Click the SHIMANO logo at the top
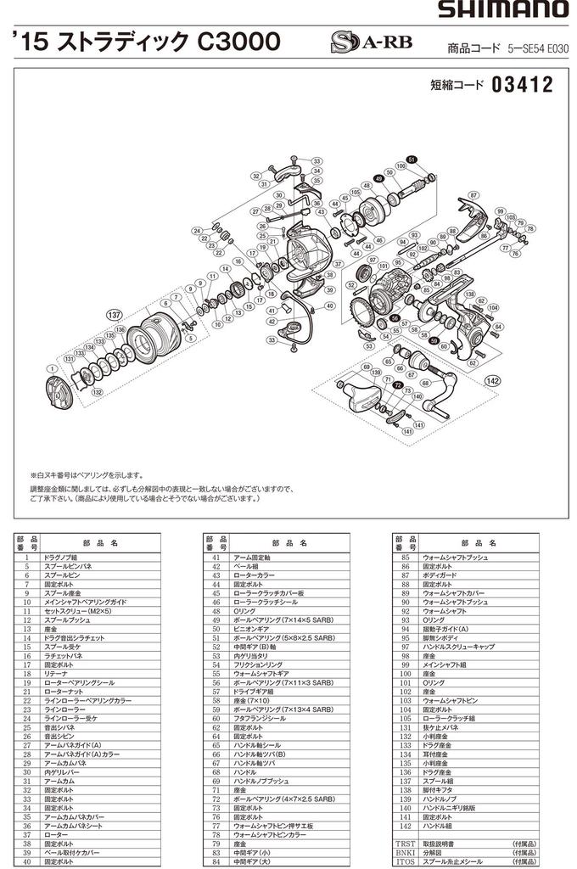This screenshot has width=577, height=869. pyautogui.click(x=502, y=10)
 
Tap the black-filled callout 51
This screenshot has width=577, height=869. pyautogui.click(x=411, y=160)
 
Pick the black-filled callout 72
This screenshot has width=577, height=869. pyautogui.click(x=397, y=384)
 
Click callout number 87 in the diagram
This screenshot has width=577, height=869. pyautogui.click(x=473, y=194)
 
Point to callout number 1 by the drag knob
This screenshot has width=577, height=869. pyautogui.click(x=53, y=369)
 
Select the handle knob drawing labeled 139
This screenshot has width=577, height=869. pyautogui.click(x=355, y=395)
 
